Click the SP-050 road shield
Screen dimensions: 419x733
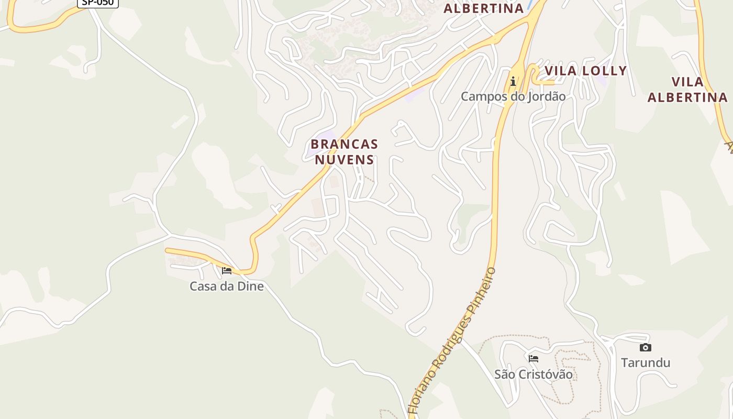click(x=98, y=3)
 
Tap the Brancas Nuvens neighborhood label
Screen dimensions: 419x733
click(x=344, y=151)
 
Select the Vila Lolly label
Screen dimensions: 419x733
click(x=585, y=71)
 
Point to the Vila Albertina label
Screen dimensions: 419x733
click(x=687, y=90)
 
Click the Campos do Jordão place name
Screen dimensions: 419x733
click(x=513, y=96)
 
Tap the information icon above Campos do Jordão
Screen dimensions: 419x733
click(x=513, y=81)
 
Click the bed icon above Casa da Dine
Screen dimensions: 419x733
click(x=227, y=271)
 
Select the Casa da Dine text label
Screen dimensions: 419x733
click(x=227, y=286)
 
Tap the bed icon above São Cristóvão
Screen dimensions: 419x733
click(x=534, y=359)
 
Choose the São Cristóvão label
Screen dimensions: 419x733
click(x=534, y=374)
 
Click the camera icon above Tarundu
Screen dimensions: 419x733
click(x=646, y=347)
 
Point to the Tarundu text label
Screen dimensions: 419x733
click(x=646, y=362)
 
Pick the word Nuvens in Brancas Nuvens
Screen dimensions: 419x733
click(x=344, y=159)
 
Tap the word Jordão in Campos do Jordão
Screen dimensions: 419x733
click(x=547, y=96)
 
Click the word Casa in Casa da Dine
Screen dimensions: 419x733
click(x=203, y=286)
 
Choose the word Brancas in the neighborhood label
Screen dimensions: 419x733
click(x=344, y=144)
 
